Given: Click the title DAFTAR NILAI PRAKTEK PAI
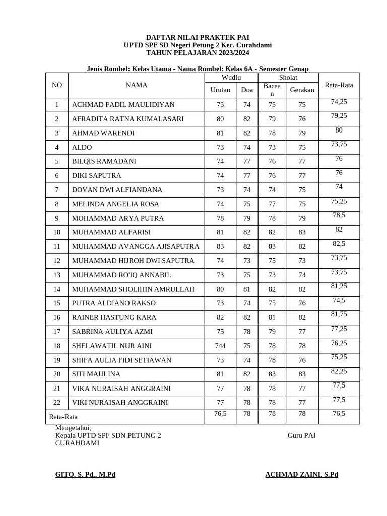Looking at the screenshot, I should click(x=198, y=37).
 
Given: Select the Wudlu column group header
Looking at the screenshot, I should click(x=231, y=77).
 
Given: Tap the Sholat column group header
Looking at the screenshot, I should click(x=288, y=77).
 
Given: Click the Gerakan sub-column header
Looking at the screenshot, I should click(x=302, y=90).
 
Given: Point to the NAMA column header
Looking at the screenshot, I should click(x=136, y=85).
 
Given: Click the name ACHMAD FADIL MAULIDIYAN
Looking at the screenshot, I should click(x=123, y=105).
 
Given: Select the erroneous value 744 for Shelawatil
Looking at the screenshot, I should click(x=220, y=346).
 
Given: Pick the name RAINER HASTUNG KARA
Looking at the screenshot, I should click(x=114, y=317).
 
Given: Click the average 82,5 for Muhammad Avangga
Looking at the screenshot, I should click(x=339, y=243).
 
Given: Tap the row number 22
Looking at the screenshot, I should click(x=57, y=403).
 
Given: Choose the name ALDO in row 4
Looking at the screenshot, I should click(x=82, y=147).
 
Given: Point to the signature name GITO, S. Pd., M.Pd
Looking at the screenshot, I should click(x=85, y=475).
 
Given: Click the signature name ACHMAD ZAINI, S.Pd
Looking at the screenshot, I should click(x=301, y=475).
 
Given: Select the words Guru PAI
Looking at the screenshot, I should click(x=301, y=436).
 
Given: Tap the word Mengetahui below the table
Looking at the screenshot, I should click(x=73, y=428).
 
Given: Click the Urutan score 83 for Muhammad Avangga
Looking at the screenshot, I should click(x=220, y=246).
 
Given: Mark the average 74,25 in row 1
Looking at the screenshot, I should click(x=339, y=102).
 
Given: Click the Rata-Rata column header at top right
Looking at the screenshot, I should click(x=339, y=85).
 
